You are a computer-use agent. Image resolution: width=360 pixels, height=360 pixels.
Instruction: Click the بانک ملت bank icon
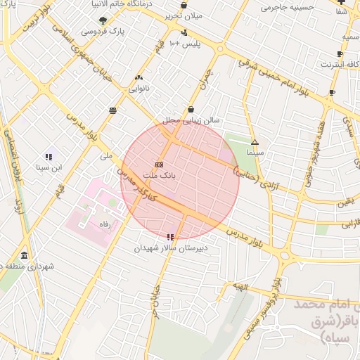tap(158, 165)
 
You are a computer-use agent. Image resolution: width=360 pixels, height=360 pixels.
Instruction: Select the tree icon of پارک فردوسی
tap(104, 20)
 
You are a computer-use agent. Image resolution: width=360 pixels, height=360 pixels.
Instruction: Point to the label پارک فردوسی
tap(103, 32)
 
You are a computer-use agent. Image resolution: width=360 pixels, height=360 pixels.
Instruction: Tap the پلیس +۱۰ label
tap(186, 44)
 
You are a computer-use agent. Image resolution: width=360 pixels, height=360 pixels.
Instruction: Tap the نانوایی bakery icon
tap(138, 77)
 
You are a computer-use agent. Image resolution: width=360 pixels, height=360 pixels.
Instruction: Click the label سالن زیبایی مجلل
tap(192, 120)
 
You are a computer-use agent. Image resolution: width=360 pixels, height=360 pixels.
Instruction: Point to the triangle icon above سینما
tap(255, 142)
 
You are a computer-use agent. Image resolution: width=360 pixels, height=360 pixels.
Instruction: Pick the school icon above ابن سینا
tap(49, 156)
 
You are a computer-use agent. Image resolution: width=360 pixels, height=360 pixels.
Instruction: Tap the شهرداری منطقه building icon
tap(25, 255)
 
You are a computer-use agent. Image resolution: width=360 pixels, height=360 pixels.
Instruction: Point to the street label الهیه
tap(241, 287)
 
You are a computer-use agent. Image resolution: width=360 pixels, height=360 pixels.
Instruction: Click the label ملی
tap(107, 155)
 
